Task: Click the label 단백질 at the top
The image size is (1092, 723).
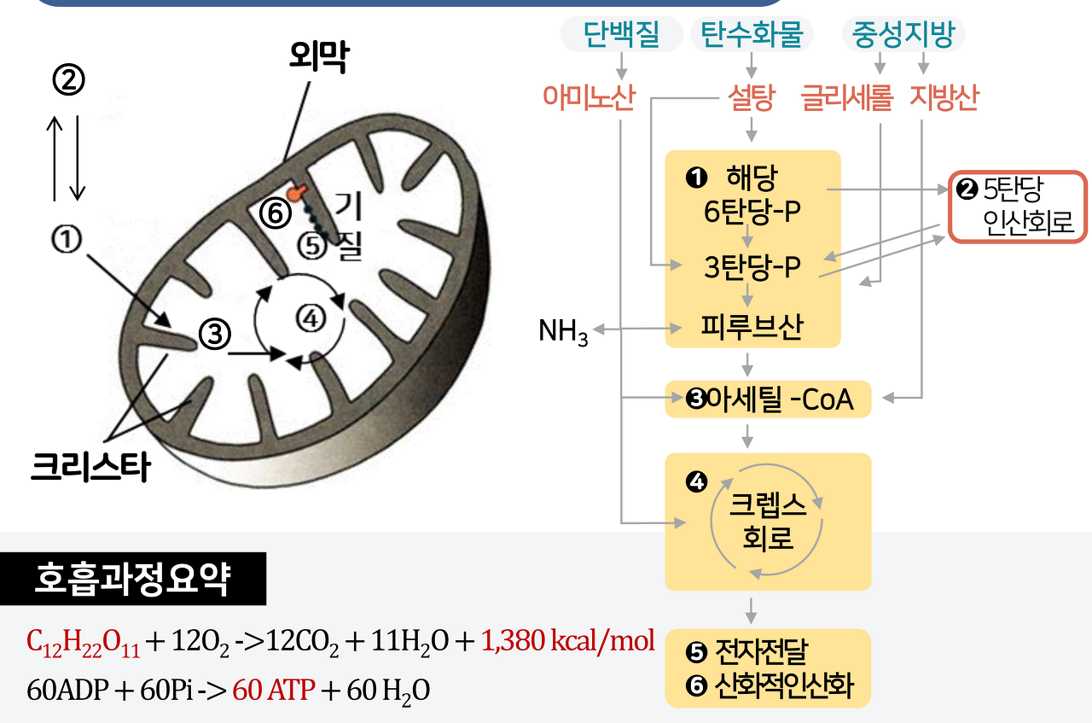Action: [x=621, y=34]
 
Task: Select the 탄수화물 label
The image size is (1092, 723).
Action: [x=752, y=34]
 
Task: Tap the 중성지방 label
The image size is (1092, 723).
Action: [x=903, y=34]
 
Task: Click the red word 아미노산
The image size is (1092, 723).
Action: [x=589, y=98]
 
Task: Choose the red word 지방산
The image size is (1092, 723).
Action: [x=944, y=98]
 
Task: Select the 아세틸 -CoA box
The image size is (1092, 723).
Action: [x=768, y=399]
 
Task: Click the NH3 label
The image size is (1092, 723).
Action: [x=563, y=331]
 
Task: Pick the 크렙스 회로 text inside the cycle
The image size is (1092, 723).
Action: [x=768, y=522]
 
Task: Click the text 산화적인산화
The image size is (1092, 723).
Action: [x=783, y=686]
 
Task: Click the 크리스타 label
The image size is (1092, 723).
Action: [x=90, y=466]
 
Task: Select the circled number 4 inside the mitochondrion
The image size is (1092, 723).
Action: [x=311, y=318]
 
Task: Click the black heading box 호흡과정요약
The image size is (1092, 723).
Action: [x=132, y=580]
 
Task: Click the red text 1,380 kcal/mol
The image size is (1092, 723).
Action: [x=567, y=641]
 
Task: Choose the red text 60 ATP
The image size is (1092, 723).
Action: [x=273, y=690]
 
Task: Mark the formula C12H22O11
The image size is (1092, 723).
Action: [x=84, y=642]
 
